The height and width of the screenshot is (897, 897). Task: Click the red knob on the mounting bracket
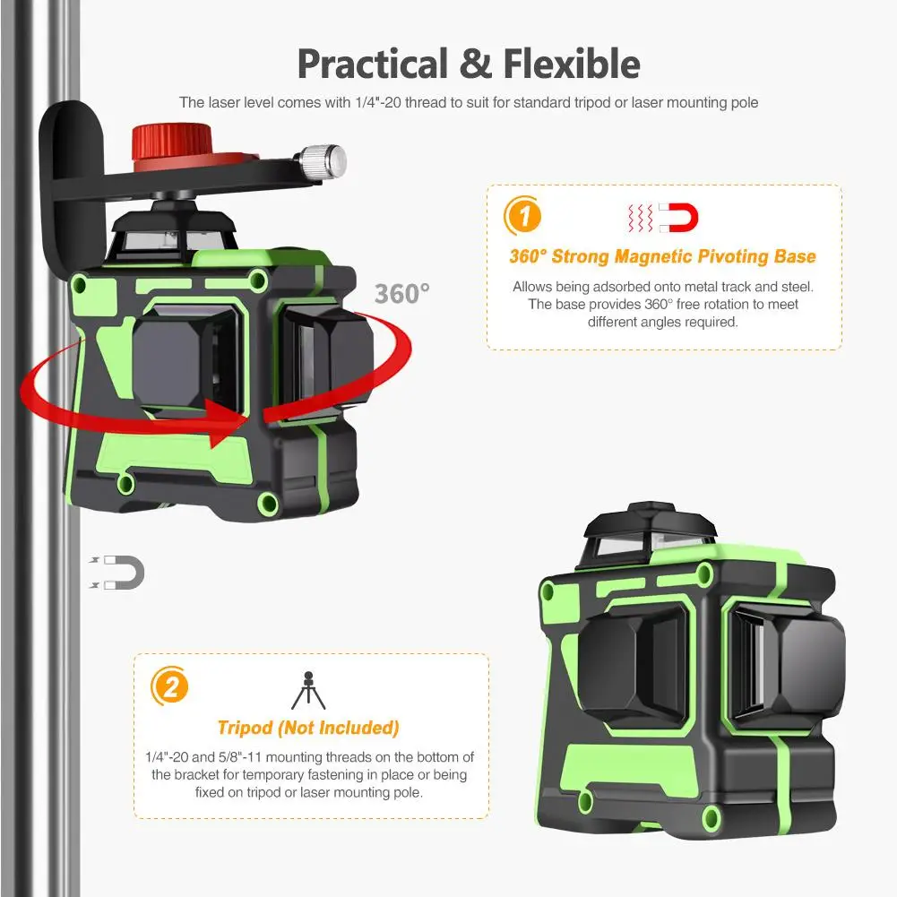click(172, 143)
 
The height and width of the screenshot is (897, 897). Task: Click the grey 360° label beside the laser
click(402, 294)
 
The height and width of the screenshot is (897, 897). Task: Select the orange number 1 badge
click(522, 216)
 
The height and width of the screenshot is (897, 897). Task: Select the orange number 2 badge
click(170, 686)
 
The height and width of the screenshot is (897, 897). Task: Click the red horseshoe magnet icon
click(678, 218)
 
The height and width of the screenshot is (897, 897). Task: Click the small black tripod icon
click(308, 691)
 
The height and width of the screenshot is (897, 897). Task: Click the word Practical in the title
click(373, 65)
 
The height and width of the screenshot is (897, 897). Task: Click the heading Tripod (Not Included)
click(308, 728)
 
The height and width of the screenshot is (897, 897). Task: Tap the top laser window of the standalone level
click(651, 541)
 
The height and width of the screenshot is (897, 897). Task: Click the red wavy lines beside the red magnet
click(641, 218)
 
